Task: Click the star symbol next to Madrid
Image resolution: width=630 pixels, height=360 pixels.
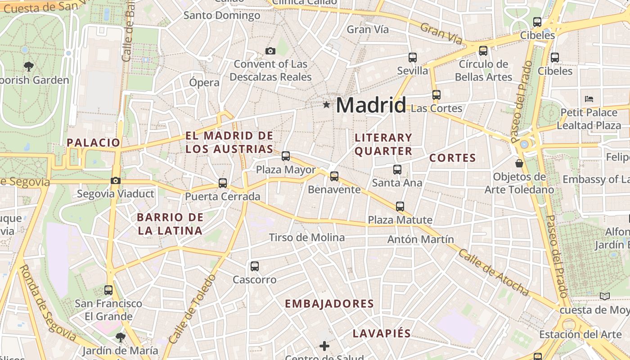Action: (326, 105)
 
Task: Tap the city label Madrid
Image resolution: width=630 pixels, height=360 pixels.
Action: (371, 105)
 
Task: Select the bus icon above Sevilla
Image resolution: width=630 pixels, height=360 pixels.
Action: (412, 58)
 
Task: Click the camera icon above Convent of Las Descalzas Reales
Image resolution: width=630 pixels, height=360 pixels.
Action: (270, 51)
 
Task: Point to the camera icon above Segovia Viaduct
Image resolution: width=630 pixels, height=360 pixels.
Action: (116, 181)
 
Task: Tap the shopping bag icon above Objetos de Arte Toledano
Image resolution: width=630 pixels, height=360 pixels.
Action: (519, 163)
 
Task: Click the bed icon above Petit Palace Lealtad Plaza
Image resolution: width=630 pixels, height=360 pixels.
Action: (589, 99)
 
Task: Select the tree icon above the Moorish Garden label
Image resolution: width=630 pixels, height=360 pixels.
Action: (29, 67)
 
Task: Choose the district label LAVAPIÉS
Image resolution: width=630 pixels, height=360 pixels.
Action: (382, 333)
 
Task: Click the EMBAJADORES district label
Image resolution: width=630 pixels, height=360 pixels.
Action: (329, 304)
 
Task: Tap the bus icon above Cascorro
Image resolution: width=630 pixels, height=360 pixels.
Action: (255, 266)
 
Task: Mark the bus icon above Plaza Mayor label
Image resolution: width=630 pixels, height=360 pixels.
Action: (286, 157)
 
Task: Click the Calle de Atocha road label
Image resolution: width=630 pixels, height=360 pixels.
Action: (494, 273)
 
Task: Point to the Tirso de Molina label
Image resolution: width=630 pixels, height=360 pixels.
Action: (307, 238)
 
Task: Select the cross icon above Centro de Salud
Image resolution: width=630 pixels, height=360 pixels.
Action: (324, 346)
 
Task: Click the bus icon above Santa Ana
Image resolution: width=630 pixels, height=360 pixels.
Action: (397, 170)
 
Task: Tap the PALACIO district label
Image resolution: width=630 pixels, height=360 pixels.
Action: (94, 143)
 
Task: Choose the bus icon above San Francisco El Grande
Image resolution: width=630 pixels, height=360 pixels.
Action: (108, 290)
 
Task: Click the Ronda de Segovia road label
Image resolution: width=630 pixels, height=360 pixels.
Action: (47, 303)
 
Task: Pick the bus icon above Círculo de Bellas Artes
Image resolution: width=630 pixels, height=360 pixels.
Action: (483, 51)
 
